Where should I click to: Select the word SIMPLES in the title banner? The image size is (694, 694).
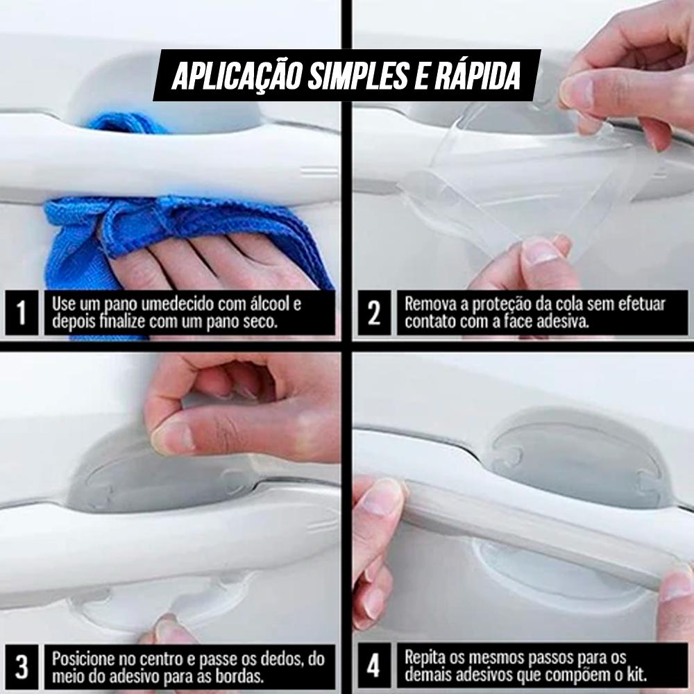point(357,76)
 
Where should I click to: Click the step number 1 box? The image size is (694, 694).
point(22,313)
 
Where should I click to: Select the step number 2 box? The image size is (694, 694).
point(374,313)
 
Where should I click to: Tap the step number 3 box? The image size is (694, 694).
point(22,666)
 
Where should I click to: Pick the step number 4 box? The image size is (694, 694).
point(374,666)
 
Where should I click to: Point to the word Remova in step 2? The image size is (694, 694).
point(428,304)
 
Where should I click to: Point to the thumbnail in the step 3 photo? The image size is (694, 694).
point(169,437)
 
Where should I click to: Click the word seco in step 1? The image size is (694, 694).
point(259,322)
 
